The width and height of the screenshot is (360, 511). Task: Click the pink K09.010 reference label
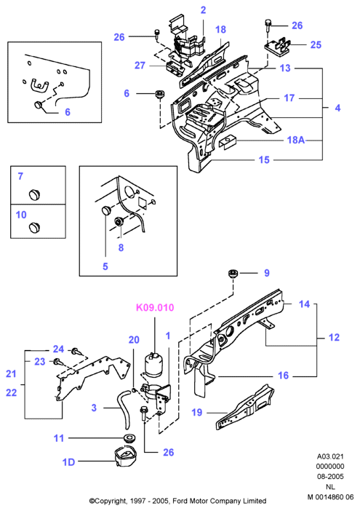pos(155,307)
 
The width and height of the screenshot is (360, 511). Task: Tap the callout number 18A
pos(295,140)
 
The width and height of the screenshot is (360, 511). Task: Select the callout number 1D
pos(68,462)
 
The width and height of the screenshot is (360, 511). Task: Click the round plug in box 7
pos(34,194)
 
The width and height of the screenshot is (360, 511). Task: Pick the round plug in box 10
pos(34,227)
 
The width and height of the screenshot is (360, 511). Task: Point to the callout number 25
pos(316,44)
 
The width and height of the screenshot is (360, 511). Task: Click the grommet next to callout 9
pos(233,274)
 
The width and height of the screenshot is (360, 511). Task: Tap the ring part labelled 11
pos(129,437)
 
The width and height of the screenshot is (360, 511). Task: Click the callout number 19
pos(197,412)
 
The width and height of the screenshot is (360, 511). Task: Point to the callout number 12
pos(334,337)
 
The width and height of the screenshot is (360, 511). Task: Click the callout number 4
pos(337,108)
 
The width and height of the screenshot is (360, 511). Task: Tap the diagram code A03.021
pos(330,456)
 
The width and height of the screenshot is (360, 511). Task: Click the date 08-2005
pos(330,477)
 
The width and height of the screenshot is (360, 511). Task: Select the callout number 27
pos(140,66)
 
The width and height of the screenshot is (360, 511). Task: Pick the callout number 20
pos(134,340)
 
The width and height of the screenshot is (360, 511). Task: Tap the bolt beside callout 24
pos(77,352)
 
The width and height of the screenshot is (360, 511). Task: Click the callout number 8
pos(121,247)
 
